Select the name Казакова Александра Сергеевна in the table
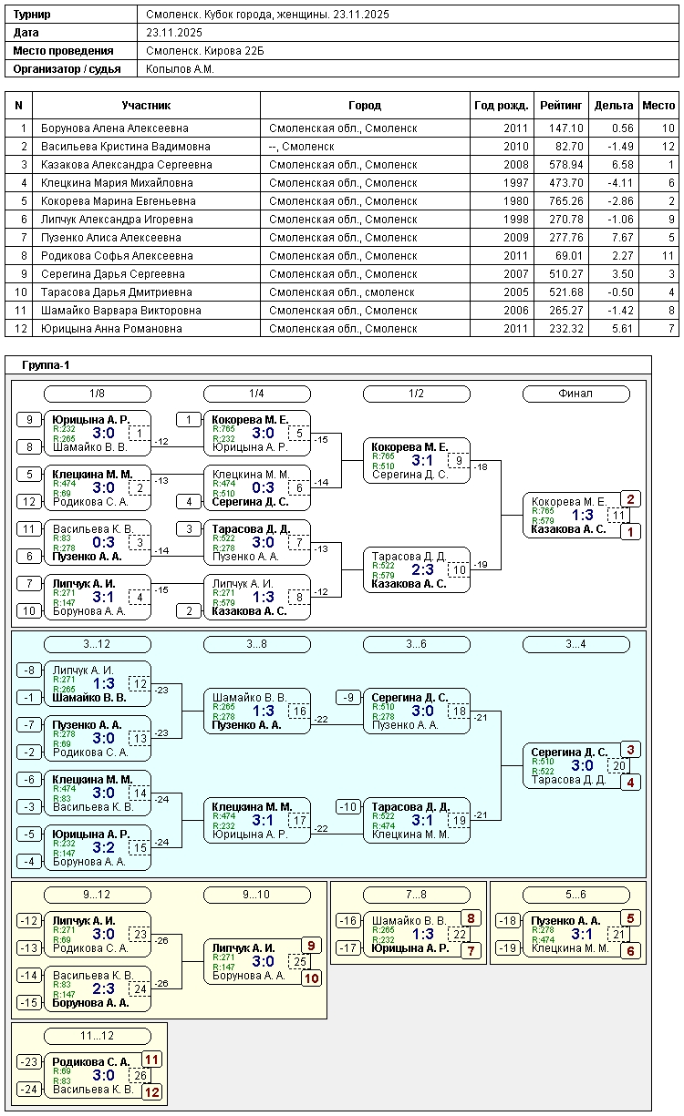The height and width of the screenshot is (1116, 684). (113, 165)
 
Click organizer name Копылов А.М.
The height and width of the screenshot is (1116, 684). (180, 69)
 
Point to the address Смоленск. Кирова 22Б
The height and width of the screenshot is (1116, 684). (205, 51)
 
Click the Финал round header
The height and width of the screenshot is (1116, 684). (575, 394)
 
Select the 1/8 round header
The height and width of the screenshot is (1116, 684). (97, 394)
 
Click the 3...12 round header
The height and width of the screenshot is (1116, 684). (97, 644)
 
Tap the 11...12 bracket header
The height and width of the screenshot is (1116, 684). (97, 1036)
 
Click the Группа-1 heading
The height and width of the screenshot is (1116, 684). (46, 365)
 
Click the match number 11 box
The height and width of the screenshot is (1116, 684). (618, 515)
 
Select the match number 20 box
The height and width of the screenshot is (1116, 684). (618, 765)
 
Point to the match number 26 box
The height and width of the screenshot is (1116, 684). (140, 1075)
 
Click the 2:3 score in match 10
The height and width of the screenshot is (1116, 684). (423, 569)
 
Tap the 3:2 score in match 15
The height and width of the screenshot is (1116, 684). (104, 847)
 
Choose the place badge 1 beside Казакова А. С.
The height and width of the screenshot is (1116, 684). (631, 531)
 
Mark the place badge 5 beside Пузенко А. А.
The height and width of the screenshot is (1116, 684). (631, 918)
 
